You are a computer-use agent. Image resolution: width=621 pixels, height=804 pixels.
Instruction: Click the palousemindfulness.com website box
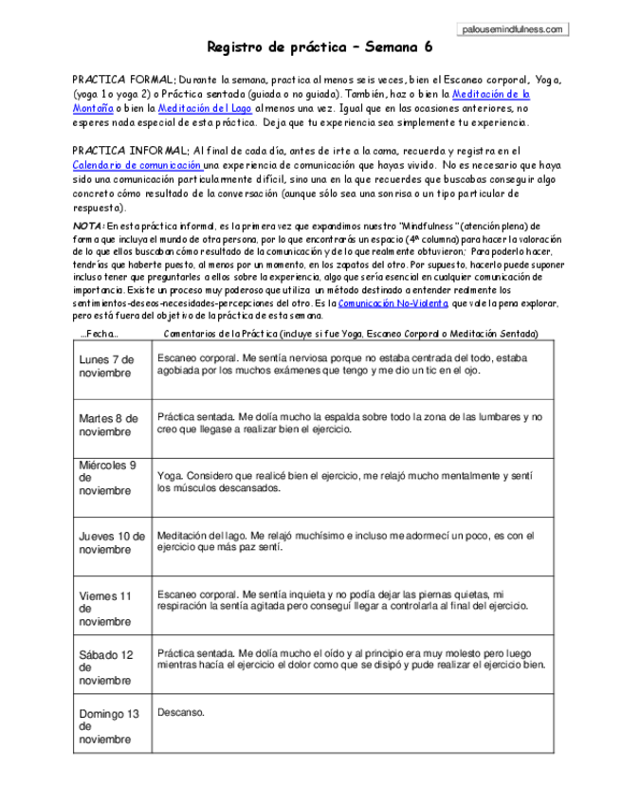point(514,29)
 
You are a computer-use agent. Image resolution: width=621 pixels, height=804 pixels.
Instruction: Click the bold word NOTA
point(88,227)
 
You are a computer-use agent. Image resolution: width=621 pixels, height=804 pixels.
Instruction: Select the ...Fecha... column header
point(100,334)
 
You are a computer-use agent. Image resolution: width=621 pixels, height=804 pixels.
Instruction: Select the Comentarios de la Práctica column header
point(351,334)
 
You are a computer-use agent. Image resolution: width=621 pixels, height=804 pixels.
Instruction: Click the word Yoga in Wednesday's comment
point(168,474)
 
